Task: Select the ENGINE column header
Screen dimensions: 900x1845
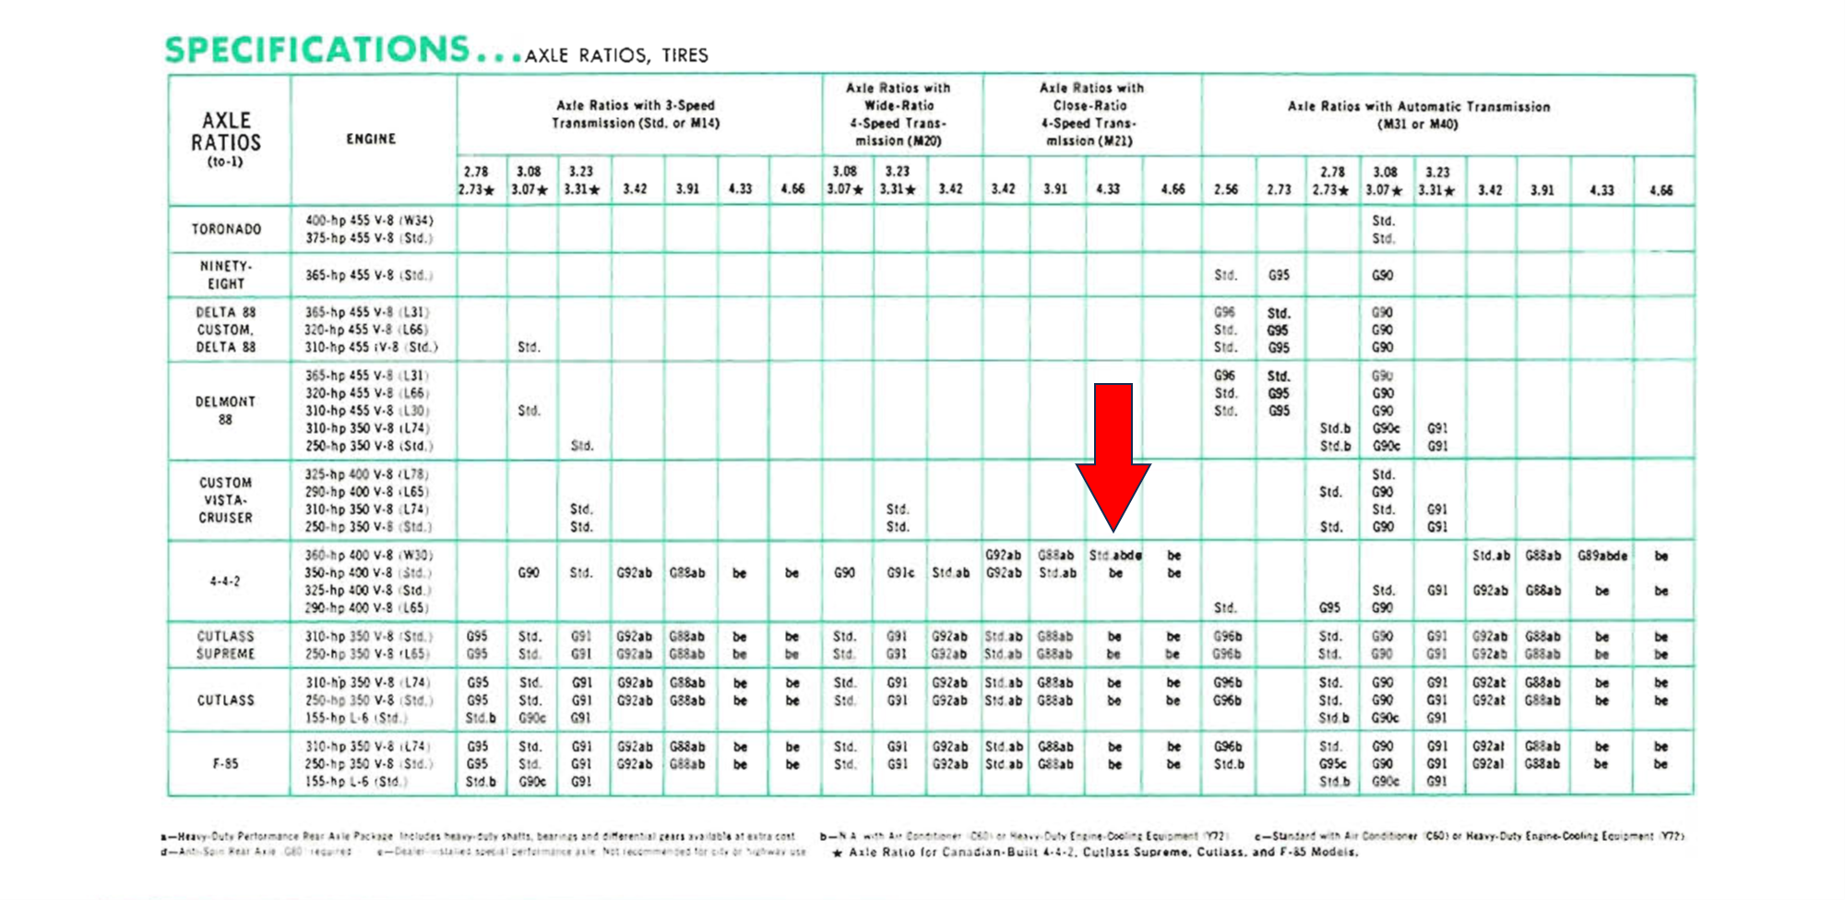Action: click(371, 138)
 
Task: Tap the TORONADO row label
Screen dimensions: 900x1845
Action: click(226, 229)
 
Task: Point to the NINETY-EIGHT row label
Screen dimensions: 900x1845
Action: click(226, 275)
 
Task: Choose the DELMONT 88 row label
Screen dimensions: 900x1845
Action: click(226, 411)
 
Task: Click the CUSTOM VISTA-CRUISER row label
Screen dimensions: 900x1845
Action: click(226, 500)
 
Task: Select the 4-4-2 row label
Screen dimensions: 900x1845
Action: click(225, 582)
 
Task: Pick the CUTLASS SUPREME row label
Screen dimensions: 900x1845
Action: click(226, 645)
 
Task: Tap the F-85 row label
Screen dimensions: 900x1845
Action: click(225, 764)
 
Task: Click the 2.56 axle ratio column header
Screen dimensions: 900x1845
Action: click(1226, 189)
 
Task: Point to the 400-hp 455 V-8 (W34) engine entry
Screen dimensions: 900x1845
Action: click(369, 221)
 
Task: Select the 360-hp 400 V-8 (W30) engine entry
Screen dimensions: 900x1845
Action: click(369, 556)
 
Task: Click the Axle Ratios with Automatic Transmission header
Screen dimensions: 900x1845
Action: click(1419, 114)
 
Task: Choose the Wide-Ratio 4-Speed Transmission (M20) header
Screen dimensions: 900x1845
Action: click(899, 114)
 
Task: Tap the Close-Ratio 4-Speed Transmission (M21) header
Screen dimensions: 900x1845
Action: click(1091, 114)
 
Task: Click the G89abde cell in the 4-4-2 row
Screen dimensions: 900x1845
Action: click(1602, 556)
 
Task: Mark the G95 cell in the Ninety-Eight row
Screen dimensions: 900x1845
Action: click(1279, 275)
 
